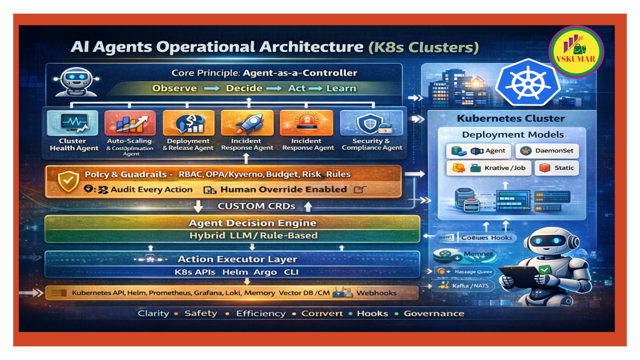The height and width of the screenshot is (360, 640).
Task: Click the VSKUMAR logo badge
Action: (575, 51)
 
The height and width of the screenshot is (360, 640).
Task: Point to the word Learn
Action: (341, 88)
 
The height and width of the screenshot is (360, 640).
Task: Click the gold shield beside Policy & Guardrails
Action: (67, 181)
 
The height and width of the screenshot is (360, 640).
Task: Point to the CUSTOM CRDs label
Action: (256, 206)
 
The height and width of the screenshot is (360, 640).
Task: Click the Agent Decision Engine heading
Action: (252, 223)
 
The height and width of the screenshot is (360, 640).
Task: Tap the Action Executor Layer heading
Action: (237, 259)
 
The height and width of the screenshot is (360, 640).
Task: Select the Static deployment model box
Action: (557, 168)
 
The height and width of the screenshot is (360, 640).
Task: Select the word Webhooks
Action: (376, 292)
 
